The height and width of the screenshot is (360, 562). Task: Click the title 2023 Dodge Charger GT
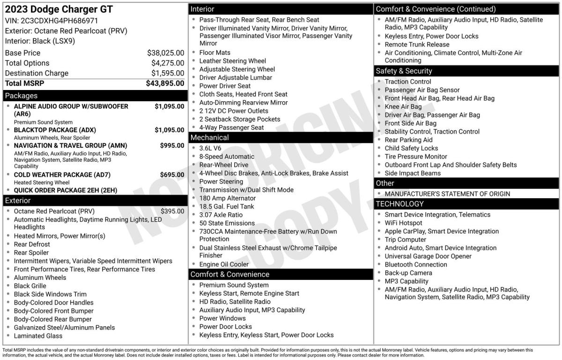(x=59, y=9)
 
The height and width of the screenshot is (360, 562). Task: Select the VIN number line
(x=52, y=21)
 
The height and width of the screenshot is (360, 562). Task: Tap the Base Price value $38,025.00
(x=165, y=53)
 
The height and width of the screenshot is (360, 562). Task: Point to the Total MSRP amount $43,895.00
(x=165, y=83)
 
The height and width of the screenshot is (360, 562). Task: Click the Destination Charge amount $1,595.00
(x=167, y=73)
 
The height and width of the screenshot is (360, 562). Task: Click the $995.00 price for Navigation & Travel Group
(x=172, y=146)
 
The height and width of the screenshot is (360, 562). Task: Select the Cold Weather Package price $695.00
(x=172, y=175)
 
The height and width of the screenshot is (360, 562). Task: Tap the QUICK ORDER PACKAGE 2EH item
(x=65, y=190)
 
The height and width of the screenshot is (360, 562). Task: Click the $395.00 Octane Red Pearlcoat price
(x=172, y=211)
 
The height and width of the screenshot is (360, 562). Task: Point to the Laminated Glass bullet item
(x=38, y=336)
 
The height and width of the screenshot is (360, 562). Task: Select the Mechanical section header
(x=209, y=137)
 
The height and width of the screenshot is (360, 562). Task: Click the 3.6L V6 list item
(x=210, y=148)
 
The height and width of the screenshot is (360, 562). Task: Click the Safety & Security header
(x=404, y=71)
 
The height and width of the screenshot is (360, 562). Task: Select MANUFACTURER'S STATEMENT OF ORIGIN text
(x=447, y=194)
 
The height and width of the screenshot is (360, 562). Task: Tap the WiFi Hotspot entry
(x=403, y=223)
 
